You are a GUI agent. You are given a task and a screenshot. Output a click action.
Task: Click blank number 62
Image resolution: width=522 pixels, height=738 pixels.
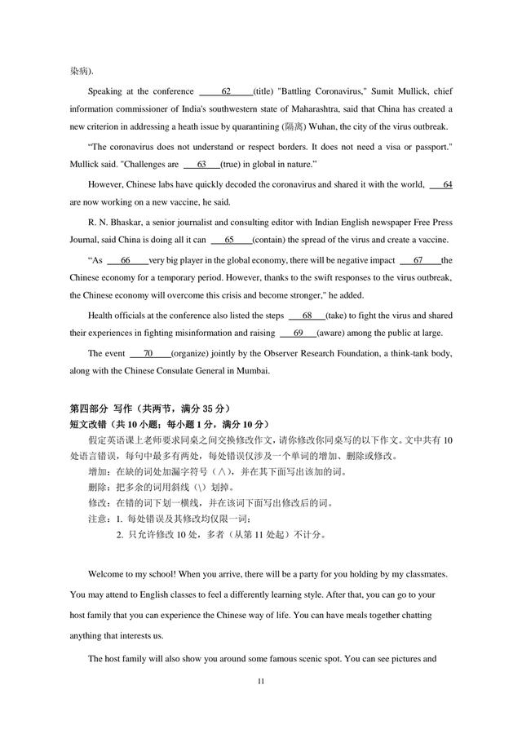pos(226,91)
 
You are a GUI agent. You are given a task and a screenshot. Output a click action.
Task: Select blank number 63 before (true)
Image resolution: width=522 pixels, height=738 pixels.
pos(201,164)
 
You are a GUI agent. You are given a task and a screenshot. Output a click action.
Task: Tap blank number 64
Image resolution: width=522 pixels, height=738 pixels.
pos(447,185)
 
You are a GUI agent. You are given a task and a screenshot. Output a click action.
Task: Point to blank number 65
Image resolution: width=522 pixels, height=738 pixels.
pos(229,240)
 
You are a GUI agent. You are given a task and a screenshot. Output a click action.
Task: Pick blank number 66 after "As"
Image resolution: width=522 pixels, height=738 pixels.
pos(125,260)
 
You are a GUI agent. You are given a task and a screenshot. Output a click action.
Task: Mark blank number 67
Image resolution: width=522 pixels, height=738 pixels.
pos(418,260)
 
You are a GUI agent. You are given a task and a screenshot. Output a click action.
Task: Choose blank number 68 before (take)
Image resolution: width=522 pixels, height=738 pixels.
pos(307,315)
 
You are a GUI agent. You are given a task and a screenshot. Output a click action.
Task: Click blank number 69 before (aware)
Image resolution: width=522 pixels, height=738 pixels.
pos(298,333)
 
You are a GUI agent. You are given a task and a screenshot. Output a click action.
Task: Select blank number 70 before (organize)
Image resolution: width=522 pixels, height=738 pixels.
pos(148,354)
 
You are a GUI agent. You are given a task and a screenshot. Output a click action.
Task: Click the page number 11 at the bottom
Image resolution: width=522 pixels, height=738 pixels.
pos(261,680)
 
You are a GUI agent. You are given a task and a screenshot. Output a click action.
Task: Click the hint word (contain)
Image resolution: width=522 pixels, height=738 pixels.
pos(269,240)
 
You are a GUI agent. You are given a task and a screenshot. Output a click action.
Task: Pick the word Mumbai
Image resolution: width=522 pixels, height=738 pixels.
pos(249,371)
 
